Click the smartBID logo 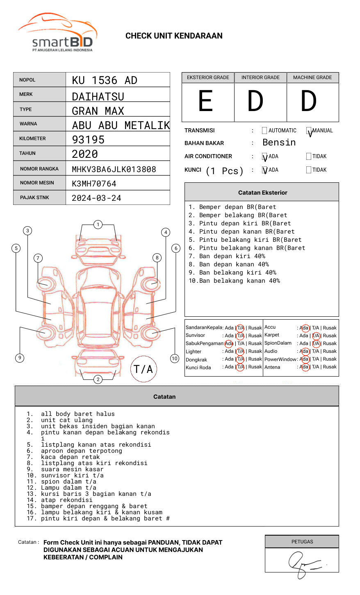57,33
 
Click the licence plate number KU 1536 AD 105,80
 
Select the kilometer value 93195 88,140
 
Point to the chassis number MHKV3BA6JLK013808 114,169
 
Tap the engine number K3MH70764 94,184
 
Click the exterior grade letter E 206,101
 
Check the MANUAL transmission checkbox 309,131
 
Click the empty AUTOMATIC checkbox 264,131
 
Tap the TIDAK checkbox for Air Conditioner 309,157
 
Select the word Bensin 279,143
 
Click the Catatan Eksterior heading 262,193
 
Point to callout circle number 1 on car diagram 98,225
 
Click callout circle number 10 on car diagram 175,359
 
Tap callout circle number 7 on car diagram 38,258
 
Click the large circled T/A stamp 144,369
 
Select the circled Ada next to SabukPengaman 229,343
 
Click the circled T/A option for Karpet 316,336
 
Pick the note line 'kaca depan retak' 70,457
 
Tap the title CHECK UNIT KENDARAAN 174,36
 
